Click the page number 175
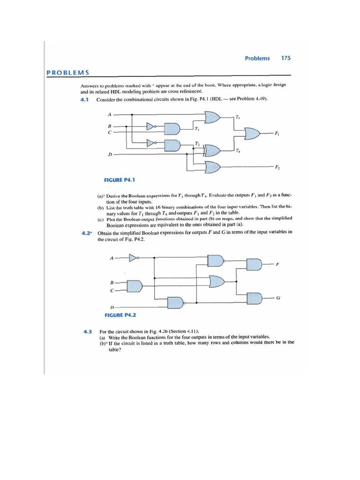click(285, 58)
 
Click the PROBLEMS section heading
click(68, 72)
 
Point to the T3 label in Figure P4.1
click(238, 117)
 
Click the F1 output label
click(277, 134)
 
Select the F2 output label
click(277, 167)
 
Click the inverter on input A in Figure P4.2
click(134, 257)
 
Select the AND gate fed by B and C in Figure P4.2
click(135, 285)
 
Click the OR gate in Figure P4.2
click(217, 281)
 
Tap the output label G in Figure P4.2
click(278, 298)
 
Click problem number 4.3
click(87, 332)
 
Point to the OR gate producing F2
click(213, 166)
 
